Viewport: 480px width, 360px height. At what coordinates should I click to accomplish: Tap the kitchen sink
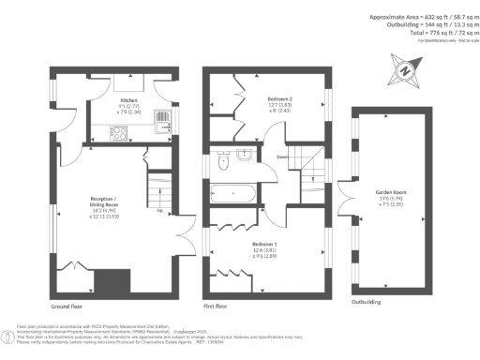click(x=160, y=118)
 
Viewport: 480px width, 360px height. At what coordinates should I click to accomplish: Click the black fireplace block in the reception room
click(x=116, y=279)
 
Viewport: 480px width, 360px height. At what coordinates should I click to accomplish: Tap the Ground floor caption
click(x=67, y=307)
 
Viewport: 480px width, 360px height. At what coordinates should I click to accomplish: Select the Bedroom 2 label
click(x=280, y=98)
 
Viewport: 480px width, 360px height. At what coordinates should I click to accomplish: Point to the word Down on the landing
click(x=282, y=157)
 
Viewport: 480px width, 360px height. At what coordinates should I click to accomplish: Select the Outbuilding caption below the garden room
click(x=367, y=302)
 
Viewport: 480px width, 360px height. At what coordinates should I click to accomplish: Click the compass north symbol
click(x=404, y=70)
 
